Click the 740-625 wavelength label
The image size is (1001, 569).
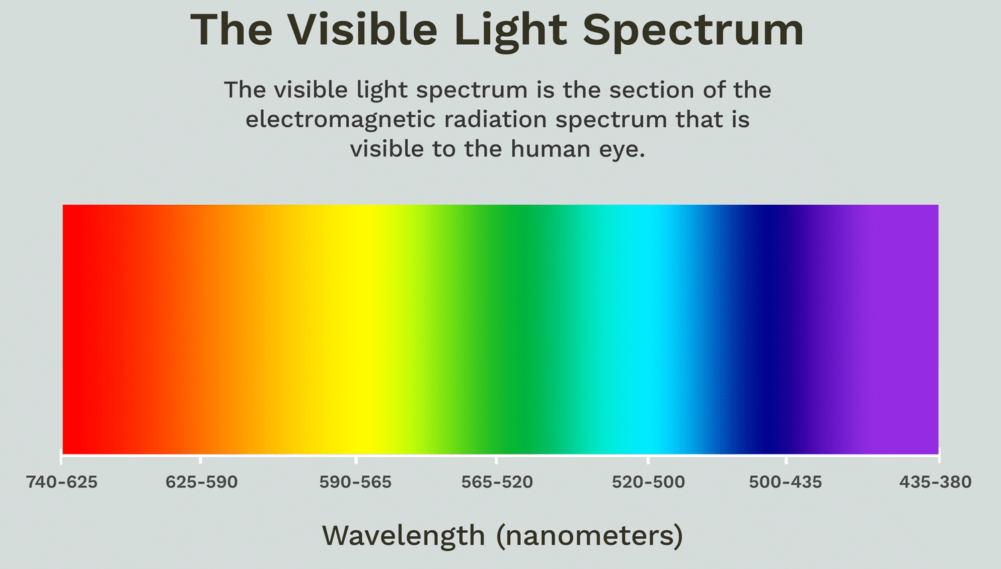tap(62, 483)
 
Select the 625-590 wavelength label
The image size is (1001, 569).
tap(202, 483)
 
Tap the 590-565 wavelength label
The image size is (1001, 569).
tap(356, 483)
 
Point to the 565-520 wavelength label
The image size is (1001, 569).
tap(497, 483)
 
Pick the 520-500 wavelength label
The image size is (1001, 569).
tap(648, 483)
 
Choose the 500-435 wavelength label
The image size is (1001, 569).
tap(785, 483)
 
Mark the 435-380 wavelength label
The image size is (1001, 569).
tap(935, 483)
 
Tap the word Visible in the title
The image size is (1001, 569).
tap(362, 29)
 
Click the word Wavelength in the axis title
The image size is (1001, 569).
tap(404, 536)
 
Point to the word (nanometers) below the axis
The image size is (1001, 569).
tap(590, 536)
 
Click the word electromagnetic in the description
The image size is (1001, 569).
tap(341, 120)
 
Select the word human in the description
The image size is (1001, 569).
tap(550, 149)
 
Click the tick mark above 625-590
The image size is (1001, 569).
tap(200, 460)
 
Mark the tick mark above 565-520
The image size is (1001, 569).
tap(496, 460)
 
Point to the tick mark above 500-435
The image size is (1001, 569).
tap(786, 460)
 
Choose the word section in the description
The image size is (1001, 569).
tap(651, 90)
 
